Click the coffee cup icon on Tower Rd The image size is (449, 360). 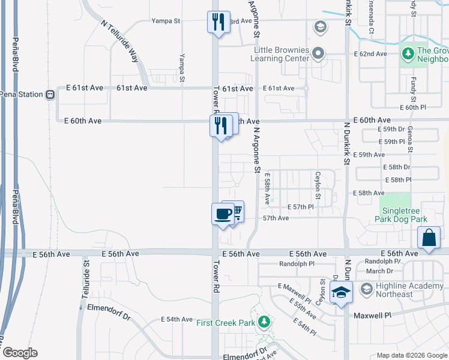click(223, 214)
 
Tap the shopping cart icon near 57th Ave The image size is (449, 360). click(235, 211)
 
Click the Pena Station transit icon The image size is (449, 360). click(52, 94)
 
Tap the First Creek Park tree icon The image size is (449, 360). click(263, 323)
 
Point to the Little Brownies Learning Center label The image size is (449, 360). click(282, 54)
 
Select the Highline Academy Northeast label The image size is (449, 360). click(403, 290)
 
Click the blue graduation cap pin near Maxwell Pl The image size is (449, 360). click(340, 293)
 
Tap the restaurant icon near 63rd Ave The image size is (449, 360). click(217, 22)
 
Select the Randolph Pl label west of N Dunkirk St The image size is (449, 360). click(297, 264)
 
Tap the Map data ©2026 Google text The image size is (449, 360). click(411, 355)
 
